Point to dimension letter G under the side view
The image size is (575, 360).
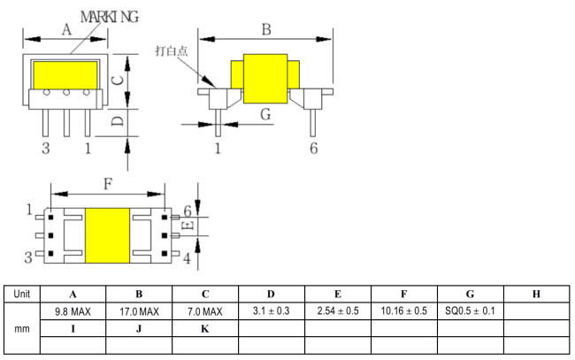click(x=265, y=114)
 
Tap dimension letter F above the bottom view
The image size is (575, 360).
click(x=107, y=184)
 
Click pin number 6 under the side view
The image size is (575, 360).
click(x=313, y=148)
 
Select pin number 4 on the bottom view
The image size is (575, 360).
click(x=187, y=257)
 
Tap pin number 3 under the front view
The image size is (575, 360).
click(x=45, y=148)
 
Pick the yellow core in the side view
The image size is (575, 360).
click(x=264, y=78)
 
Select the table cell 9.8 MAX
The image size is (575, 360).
click(x=73, y=311)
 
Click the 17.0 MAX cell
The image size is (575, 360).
click(x=139, y=311)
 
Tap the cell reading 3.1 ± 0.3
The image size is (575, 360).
click(x=271, y=311)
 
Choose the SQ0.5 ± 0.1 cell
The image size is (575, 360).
click(x=469, y=311)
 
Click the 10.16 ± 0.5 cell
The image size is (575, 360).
click(x=403, y=311)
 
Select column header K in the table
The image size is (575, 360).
click(x=205, y=328)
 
